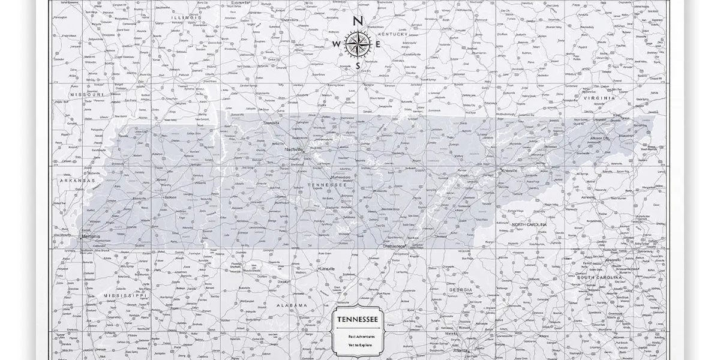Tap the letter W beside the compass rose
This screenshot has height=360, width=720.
[x=337, y=44]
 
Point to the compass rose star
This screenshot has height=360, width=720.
[x=358, y=44]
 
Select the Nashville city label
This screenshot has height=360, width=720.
[x=295, y=149]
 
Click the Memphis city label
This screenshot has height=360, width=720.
[x=90, y=237]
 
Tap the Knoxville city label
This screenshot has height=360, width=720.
[x=509, y=170]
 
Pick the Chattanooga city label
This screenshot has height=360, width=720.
[x=394, y=245]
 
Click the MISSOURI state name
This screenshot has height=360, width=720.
[x=87, y=95]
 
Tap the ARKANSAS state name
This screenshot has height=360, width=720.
[x=77, y=180]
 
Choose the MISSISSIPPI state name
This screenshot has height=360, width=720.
[x=124, y=296]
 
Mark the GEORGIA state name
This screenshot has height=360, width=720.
[x=460, y=289]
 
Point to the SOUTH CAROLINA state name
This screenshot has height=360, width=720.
[x=597, y=278]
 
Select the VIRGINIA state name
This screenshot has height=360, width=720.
[x=599, y=97]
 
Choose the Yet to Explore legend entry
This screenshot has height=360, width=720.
[x=358, y=347]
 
